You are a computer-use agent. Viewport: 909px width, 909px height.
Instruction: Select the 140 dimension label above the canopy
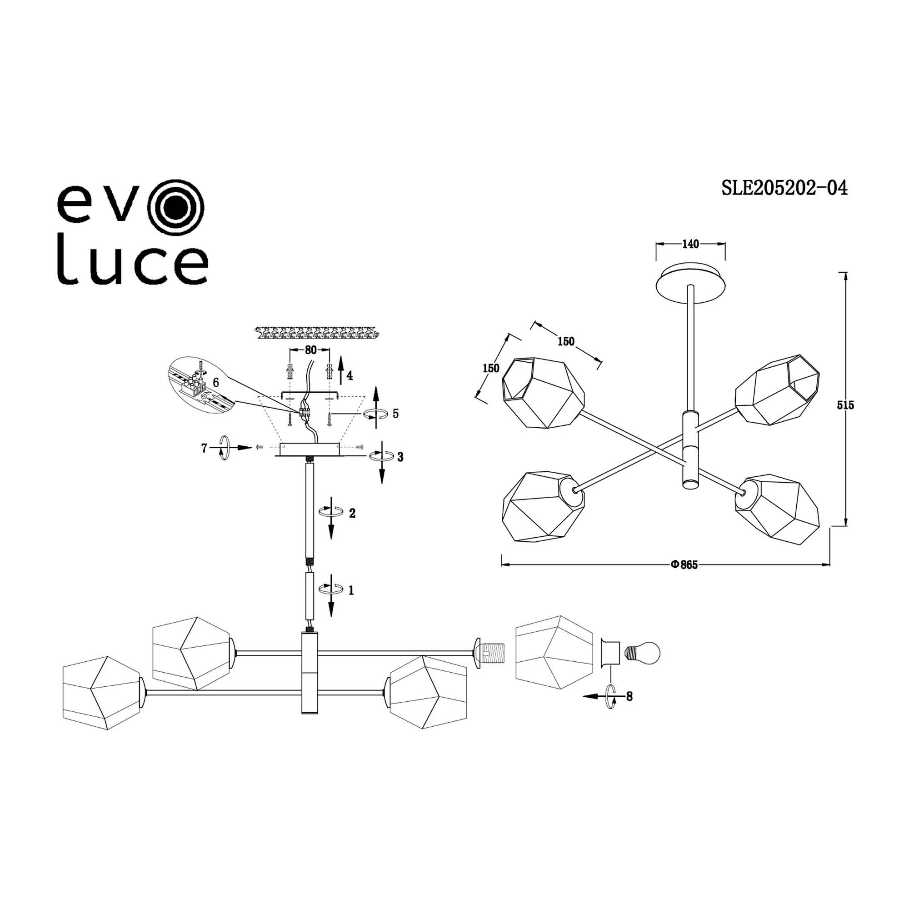tap(690, 244)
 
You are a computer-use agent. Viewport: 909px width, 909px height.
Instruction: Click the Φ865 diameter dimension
tap(684, 565)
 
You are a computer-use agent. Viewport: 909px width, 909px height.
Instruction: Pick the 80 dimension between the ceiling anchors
tap(310, 350)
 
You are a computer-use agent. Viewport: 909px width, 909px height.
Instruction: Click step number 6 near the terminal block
tap(216, 383)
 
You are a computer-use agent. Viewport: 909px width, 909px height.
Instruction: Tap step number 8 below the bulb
tap(629, 696)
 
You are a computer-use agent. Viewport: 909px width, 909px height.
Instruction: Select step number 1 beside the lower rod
tap(351, 590)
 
